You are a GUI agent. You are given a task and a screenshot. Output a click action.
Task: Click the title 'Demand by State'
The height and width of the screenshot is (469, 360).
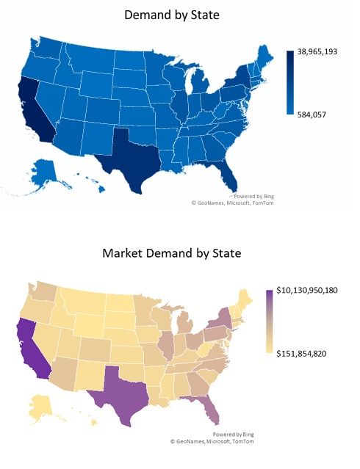click(x=179, y=15)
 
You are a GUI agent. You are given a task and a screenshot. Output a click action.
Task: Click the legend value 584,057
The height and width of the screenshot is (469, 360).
click(x=312, y=114)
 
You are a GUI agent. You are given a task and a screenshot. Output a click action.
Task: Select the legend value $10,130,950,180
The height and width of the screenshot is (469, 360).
click(x=317, y=291)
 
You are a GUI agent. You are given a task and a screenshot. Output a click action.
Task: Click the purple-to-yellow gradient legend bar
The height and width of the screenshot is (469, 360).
click(x=270, y=321)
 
